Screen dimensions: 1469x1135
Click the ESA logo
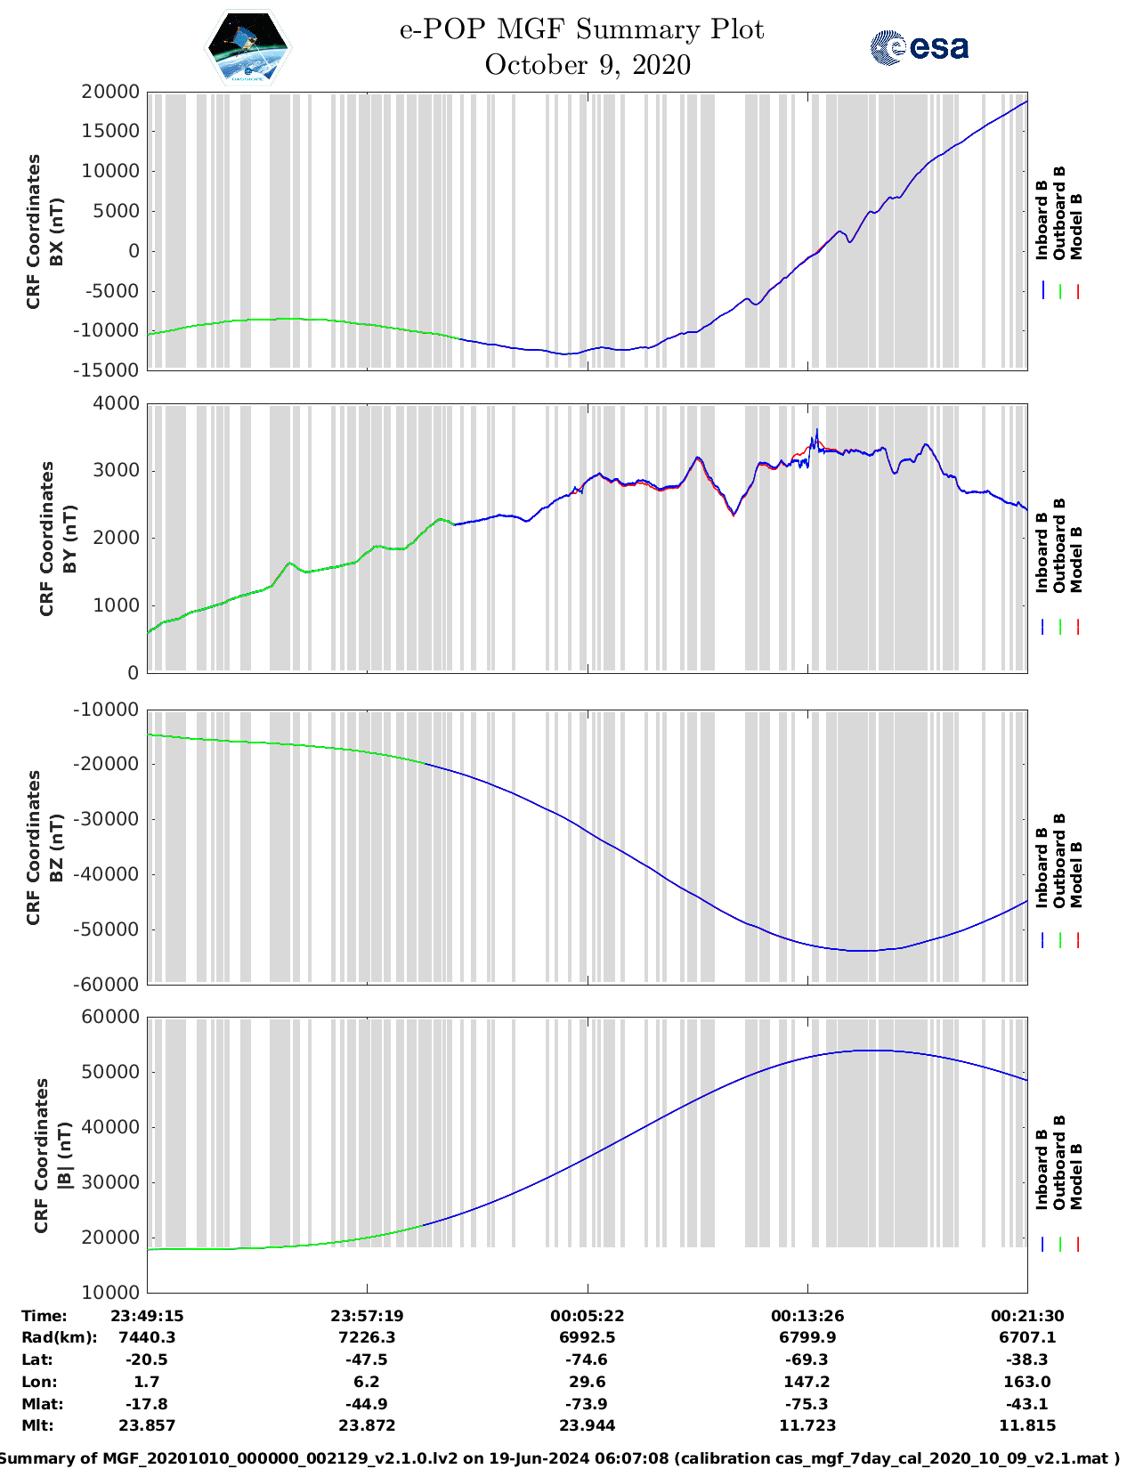point(919,47)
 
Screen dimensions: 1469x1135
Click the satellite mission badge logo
point(248,46)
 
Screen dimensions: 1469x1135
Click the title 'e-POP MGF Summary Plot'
point(581,29)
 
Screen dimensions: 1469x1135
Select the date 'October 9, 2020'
point(588,65)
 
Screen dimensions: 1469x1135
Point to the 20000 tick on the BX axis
point(109,92)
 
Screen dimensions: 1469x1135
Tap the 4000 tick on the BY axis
point(117,403)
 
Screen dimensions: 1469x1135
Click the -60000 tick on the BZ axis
point(106,985)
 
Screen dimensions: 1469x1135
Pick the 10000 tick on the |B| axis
point(109,1292)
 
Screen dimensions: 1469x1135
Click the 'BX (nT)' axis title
point(58,231)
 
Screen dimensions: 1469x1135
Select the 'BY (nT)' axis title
point(71,539)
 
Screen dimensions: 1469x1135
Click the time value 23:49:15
point(147,1316)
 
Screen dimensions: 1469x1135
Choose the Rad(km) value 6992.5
point(587,1337)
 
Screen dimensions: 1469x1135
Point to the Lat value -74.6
point(587,1359)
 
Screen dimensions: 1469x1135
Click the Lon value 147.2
point(807,1382)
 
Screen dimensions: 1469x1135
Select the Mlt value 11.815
point(1026,1425)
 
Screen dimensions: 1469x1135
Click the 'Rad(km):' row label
point(59,1337)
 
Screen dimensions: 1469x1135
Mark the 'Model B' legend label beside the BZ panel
point(1076,874)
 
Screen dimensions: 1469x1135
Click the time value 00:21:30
point(1026,1316)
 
